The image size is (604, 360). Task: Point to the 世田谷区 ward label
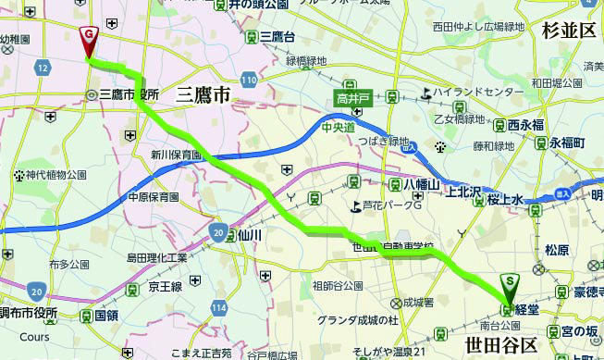coord(500,345)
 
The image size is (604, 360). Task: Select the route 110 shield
coord(247,81)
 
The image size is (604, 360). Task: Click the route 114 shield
coord(218,306)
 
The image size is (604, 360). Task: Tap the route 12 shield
coord(43,68)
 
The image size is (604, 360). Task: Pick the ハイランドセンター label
coord(473,93)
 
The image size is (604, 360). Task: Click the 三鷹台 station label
coord(277,36)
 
